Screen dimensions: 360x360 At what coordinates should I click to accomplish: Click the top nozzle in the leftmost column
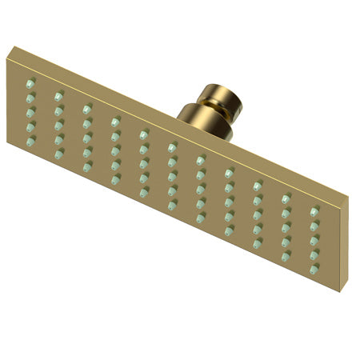(31, 83)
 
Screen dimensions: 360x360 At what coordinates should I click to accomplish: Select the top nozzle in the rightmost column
(315, 211)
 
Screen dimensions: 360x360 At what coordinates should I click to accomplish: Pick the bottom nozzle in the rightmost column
(314, 270)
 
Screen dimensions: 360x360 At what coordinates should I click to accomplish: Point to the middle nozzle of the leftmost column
(31, 113)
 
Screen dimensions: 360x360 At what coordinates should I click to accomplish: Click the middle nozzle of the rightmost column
(314, 241)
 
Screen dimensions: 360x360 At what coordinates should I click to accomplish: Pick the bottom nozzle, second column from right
(286, 257)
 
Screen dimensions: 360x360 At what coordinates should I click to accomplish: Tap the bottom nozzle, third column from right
(258, 244)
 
